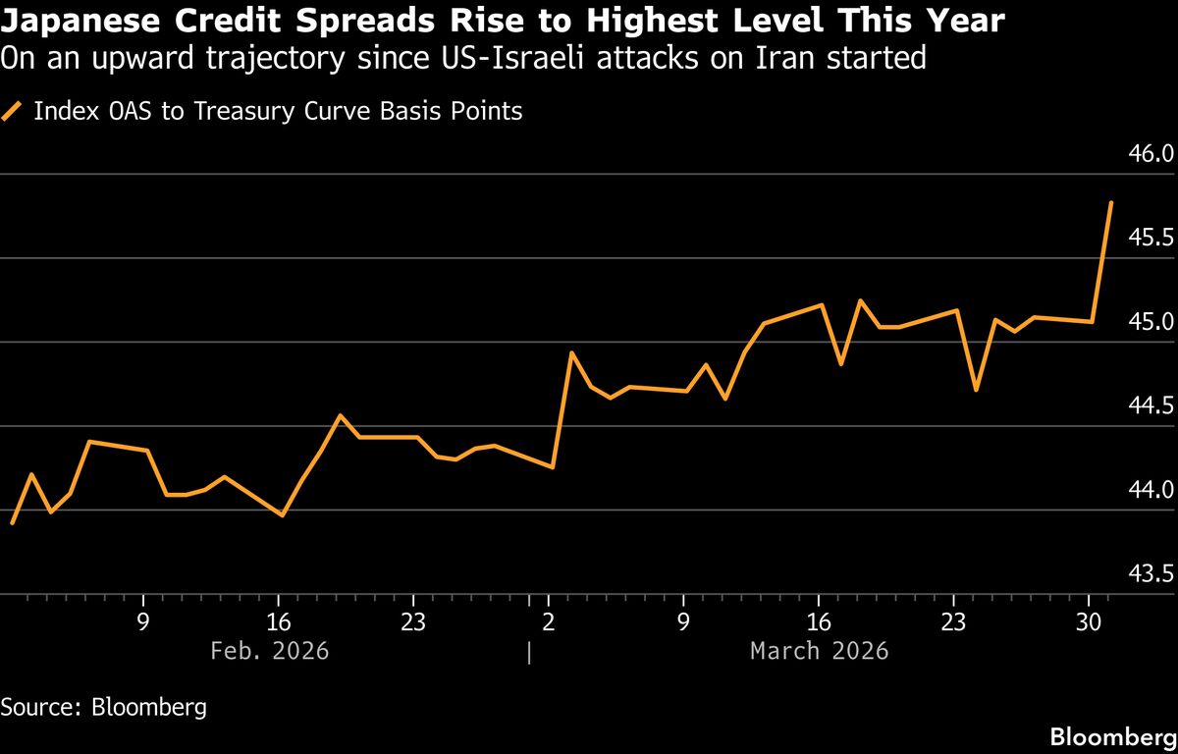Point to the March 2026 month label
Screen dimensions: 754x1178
pos(819,651)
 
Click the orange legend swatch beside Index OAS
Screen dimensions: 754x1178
pos(13,111)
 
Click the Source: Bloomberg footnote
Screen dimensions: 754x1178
pos(103,707)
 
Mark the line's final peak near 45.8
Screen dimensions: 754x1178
pos(1110,202)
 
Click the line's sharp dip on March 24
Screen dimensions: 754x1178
pos(976,390)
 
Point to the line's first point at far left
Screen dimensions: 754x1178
pos(12,523)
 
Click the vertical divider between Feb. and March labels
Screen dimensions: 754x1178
pos(529,652)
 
